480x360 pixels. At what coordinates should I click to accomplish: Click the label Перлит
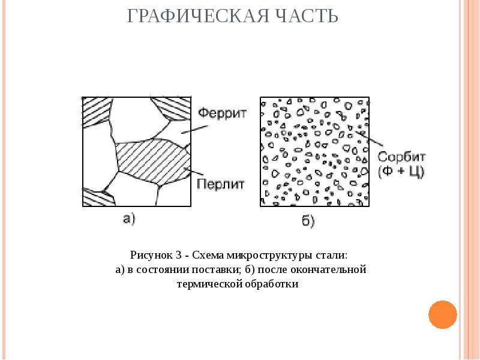tap(221, 184)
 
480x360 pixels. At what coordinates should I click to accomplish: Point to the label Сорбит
tap(401, 157)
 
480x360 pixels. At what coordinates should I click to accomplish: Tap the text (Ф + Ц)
tap(401, 172)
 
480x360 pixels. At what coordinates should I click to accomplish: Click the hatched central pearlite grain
tap(150, 158)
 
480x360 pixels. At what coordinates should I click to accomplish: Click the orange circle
tap(443, 313)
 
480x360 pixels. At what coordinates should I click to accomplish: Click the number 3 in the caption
tap(178, 255)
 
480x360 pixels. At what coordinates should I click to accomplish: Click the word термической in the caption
tap(204, 284)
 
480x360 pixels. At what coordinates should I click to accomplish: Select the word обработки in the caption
tap(271, 284)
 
